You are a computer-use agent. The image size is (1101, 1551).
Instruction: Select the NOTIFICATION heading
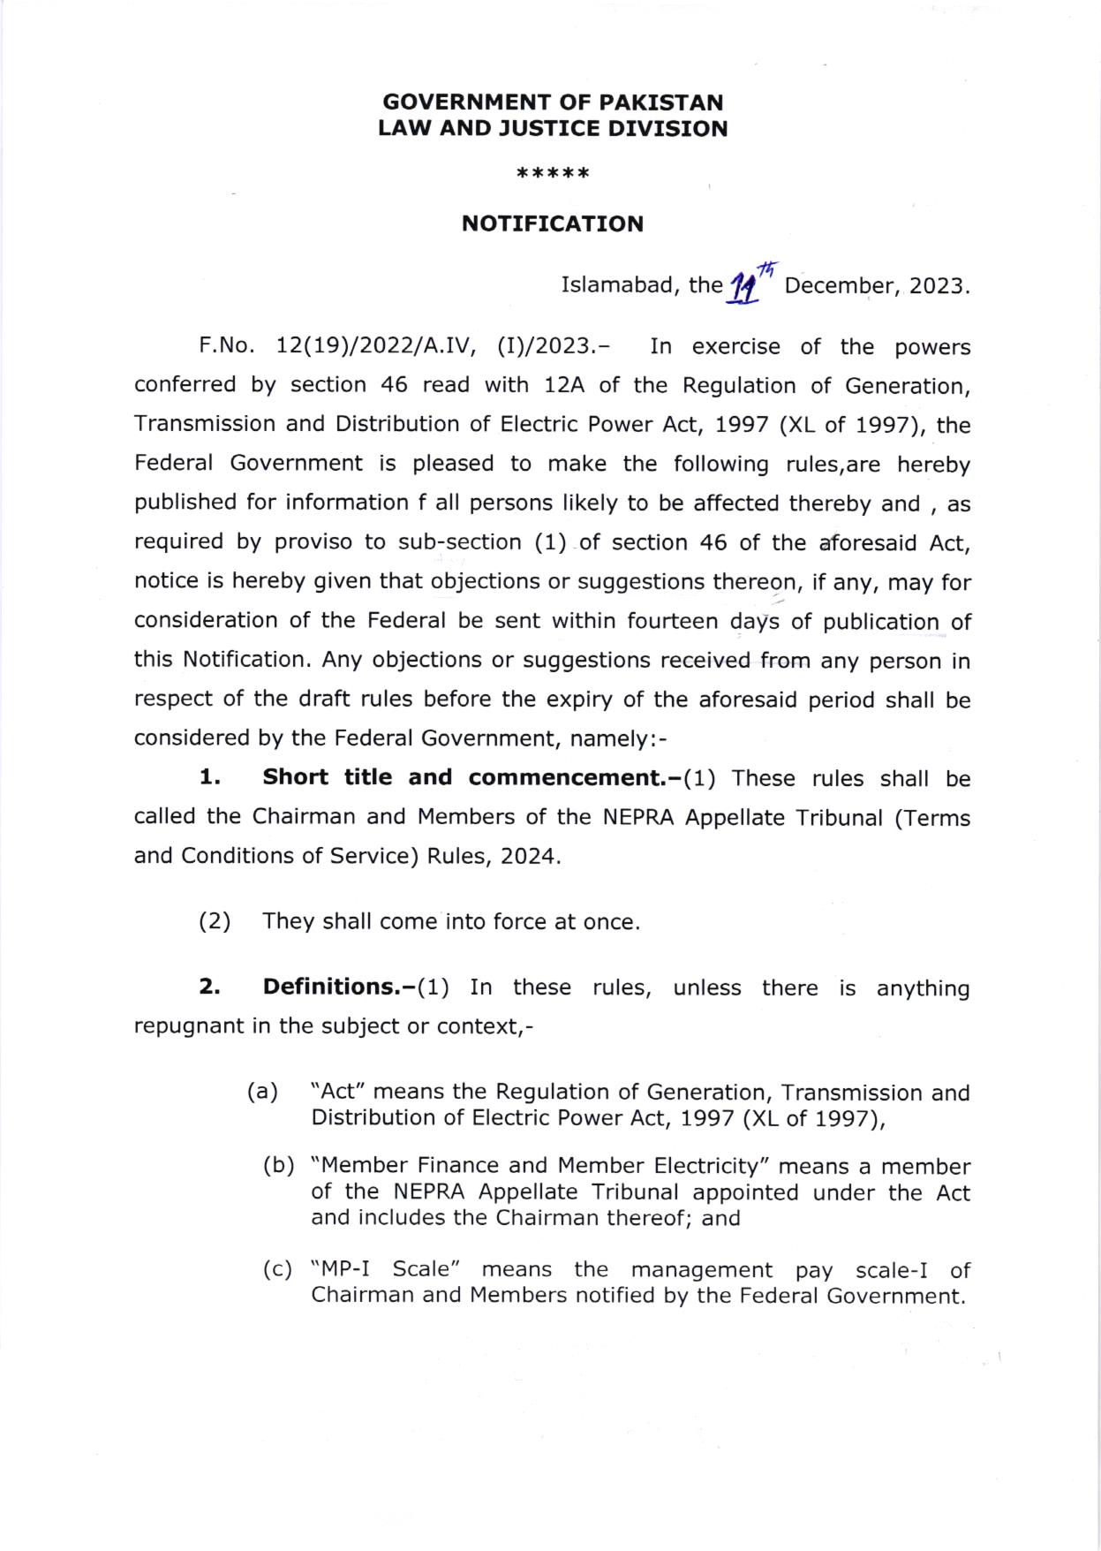tap(553, 223)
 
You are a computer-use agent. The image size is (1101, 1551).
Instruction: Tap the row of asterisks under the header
tap(553, 173)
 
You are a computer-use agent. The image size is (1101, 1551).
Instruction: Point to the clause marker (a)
tap(262, 1092)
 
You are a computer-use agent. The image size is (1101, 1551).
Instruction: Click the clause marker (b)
tap(279, 1166)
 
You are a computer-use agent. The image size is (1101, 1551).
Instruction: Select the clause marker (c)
tap(279, 1270)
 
